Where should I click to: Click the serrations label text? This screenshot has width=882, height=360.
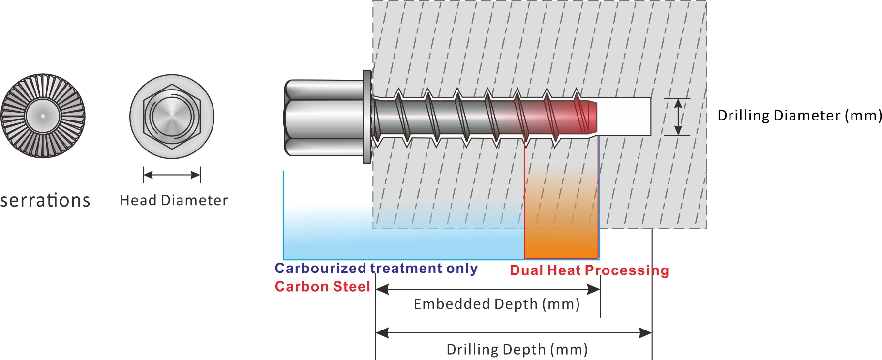coord(45,201)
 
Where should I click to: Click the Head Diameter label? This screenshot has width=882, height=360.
coord(174,201)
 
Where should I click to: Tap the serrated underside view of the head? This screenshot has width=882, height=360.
coord(43,116)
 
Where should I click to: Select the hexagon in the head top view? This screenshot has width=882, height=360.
coord(172,117)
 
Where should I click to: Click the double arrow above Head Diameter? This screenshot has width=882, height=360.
coord(172,175)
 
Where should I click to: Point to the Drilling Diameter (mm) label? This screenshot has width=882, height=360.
coord(799,116)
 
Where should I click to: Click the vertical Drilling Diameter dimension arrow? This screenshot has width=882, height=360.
coord(678,117)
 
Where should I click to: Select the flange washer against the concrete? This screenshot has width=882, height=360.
coord(367,117)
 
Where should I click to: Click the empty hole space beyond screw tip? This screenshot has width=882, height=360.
coord(625,117)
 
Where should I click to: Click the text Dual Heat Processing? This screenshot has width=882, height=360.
coord(589,270)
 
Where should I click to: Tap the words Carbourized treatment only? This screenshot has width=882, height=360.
coord(376,269)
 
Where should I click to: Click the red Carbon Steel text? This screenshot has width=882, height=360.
coord(322,287)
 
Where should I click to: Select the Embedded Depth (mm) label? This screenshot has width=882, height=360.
coord(496,304)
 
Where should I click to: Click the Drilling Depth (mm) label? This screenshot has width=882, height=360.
coord(517,350)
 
